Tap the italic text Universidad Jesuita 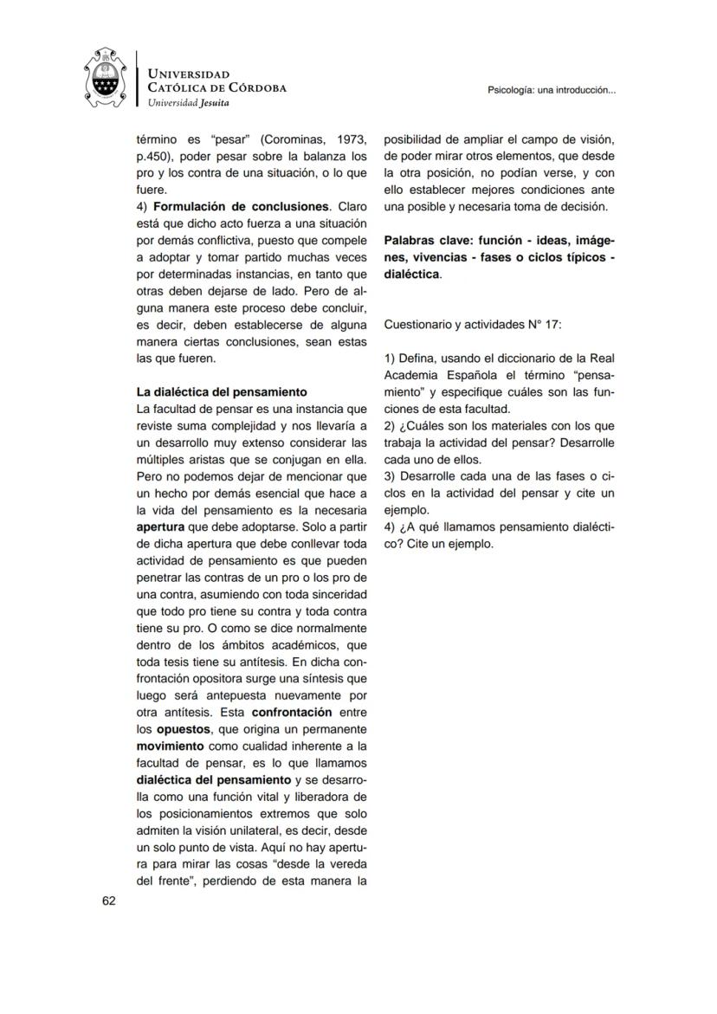[189, 102]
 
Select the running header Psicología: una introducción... [552, 89]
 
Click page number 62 [109, 901]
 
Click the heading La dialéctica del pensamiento [222, 391]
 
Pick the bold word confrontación [292, 712]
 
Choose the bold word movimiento [171, 746]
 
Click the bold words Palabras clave [429, 240]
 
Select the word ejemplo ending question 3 [406, 510]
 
